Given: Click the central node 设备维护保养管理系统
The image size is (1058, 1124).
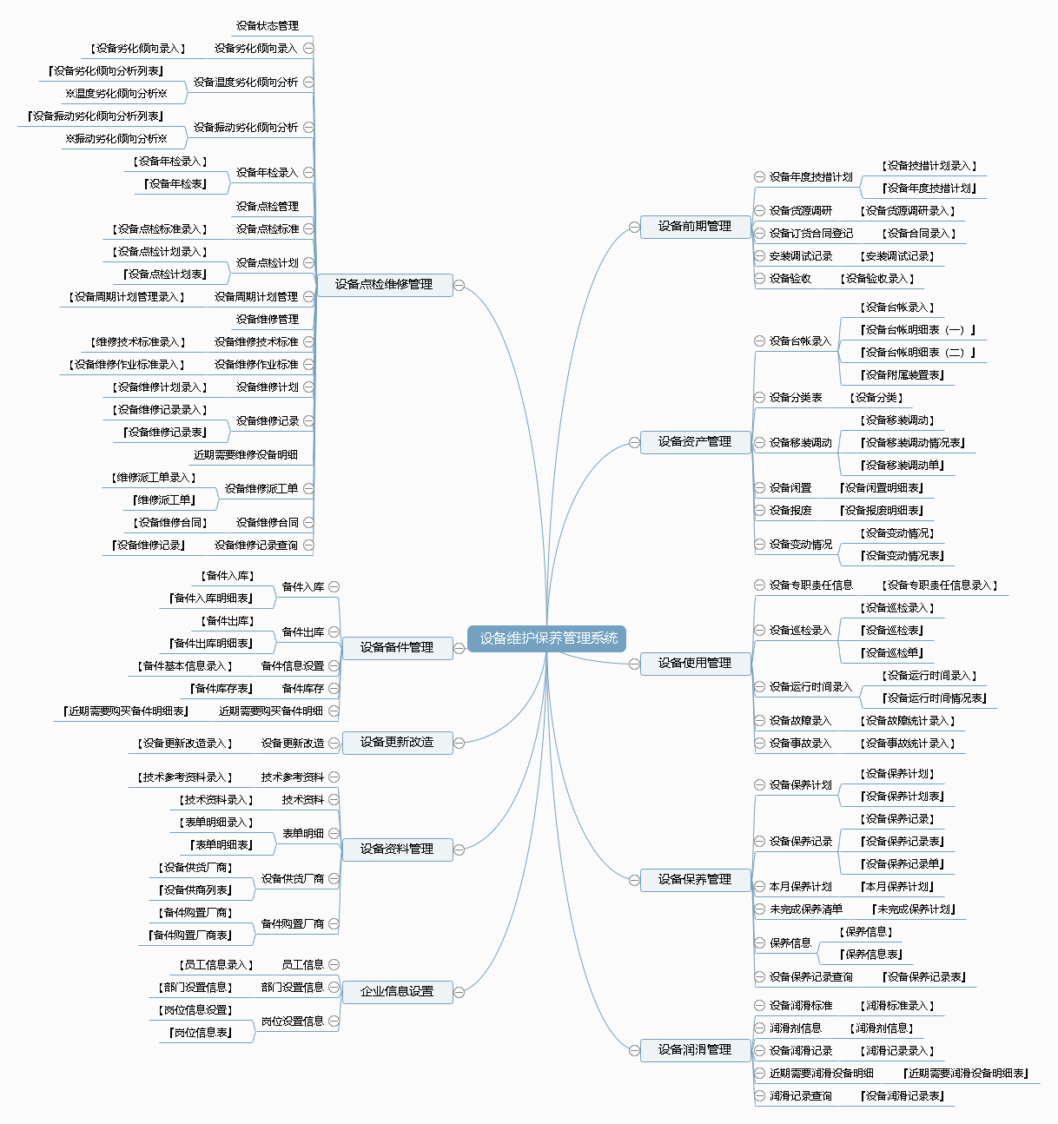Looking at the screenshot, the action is point(546,638).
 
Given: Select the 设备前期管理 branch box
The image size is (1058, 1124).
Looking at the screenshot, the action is point(695,227).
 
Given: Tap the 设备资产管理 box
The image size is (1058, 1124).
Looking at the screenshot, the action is point(695,442).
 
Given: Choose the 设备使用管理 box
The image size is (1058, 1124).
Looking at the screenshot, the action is point(695,664).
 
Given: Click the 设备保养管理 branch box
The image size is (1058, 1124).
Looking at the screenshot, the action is point(695,880).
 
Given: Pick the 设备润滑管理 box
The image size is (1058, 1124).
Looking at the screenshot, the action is point(695,1050).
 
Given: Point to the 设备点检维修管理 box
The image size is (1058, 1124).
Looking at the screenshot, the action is point(384,285).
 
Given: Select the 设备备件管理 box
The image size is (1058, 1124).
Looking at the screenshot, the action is point(397,647).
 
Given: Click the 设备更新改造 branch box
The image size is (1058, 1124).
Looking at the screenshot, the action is point(397,743).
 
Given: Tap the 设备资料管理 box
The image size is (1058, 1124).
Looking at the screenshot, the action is point(397,849).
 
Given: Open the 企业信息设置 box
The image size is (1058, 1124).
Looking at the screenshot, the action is point(397,992).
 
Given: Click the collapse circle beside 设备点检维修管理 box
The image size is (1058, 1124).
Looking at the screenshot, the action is point(460,285).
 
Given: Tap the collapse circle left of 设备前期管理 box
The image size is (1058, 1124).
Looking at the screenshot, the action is point(634,227).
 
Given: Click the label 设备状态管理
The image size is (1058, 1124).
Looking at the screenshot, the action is point(268,26).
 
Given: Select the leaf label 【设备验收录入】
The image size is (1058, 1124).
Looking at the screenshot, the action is point(876,279).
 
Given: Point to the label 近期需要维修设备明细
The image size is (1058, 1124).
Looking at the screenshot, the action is point(246,455).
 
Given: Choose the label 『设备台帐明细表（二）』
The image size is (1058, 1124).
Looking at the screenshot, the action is point(917,353).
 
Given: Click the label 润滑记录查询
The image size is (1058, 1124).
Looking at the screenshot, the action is point(800,1096).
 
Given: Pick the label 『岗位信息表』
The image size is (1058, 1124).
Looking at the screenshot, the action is point(201,1033).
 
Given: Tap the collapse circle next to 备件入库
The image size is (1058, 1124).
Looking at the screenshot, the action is point(334,587).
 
